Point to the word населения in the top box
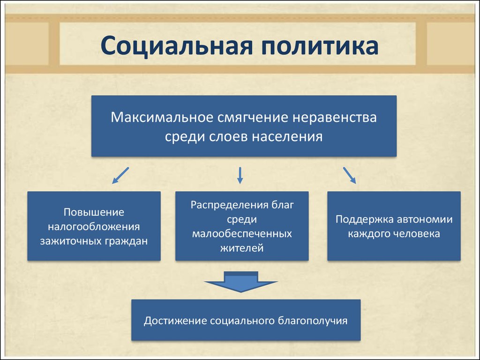point(288,136)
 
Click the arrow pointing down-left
point(120,175)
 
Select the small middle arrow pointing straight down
point(240,175)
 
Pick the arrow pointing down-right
point(350,175)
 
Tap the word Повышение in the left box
point(94,212)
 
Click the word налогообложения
point(94,227)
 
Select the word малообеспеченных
point(242,233)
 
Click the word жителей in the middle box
point(242,248)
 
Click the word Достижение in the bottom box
point(175,321)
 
